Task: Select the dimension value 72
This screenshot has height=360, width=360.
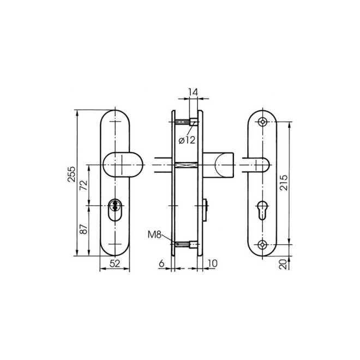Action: click(x=83, y=184)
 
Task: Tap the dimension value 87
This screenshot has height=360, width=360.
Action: click(x=83, y=230)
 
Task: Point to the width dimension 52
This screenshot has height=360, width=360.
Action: click(x=115, y=263)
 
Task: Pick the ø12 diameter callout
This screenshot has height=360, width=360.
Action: click(x=187, y=140)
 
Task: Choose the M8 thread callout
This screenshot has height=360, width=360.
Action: click(x=154, y=236)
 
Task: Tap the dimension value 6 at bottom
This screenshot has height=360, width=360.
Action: click(x=161, y=263)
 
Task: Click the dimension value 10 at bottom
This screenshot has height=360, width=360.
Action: click(x=212, y=263)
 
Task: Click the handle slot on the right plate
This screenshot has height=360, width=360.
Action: click(x=261, y=164)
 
